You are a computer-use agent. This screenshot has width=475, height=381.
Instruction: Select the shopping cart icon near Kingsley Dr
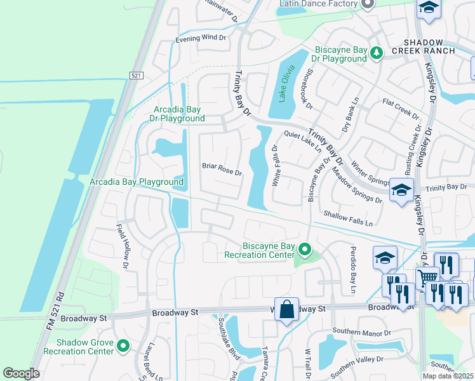click(427, 277)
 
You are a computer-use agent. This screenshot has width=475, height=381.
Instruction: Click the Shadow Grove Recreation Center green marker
click(123, 346)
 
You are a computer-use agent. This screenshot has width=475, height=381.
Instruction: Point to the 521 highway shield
click(136, 76)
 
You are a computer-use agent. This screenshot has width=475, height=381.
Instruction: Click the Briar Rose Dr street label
click(222, 173)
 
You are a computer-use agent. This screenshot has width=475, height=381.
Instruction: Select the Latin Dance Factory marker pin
click(367, 4)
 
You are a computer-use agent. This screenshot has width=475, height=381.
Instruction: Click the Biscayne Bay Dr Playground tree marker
click(377, 53)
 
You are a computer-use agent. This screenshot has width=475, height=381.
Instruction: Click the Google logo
click(21, 373)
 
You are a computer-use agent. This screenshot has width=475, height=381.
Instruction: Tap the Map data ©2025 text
click(448, 375)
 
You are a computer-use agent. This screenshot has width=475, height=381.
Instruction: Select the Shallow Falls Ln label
click(348, 218)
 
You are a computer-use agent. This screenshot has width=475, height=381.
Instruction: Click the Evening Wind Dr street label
click(201, 37)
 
